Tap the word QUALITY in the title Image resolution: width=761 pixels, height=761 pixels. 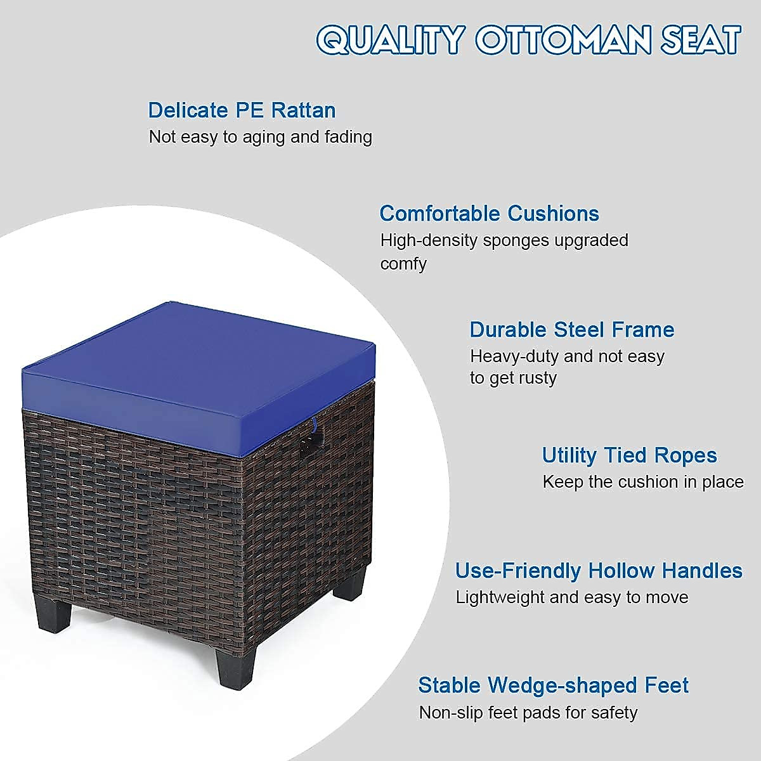(x=391, y=40)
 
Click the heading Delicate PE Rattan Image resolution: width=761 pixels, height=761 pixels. (x=242, y=110)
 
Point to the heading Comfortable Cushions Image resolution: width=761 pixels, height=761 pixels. (x=489, y=214)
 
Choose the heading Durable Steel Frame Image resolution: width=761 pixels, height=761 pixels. (x=571, y=330)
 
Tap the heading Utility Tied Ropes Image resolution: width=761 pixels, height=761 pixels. (x=629, y=455)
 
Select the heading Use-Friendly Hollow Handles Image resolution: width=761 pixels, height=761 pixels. (x=599, y=571)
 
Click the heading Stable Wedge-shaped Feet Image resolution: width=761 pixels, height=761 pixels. (x=553, y=686)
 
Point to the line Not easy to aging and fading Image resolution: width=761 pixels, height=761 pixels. (x=260, y=137)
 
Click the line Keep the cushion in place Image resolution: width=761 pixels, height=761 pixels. (x=642, y=482)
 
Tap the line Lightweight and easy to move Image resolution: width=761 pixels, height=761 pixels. (x=571, y=597)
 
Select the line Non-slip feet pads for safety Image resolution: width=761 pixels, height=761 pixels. (x=528, y=713)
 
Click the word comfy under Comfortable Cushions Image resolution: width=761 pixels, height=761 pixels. (x=403, y=264)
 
